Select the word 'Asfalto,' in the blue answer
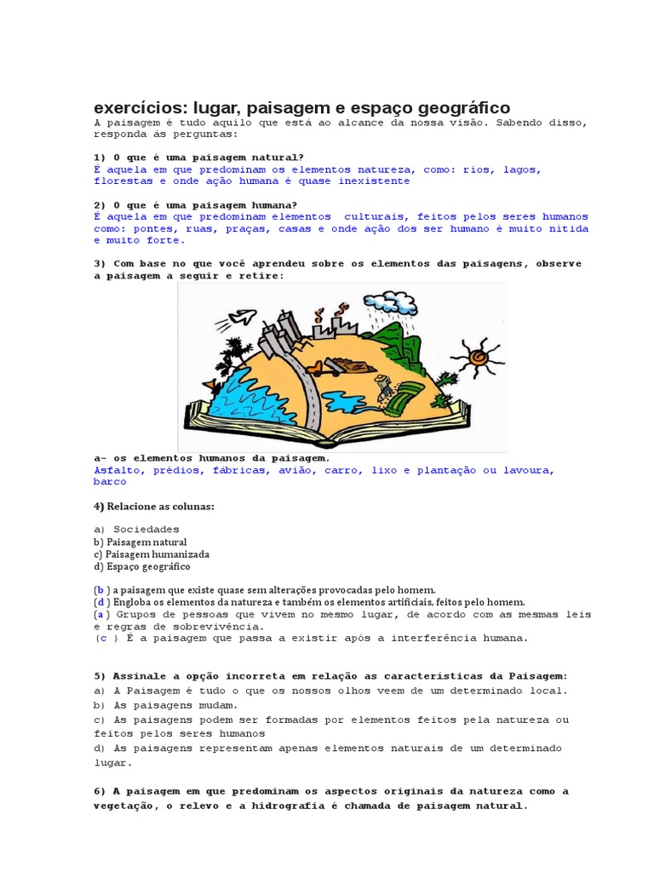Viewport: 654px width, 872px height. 122,470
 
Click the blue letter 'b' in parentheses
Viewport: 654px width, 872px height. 100,589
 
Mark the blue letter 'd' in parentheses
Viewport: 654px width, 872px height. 100,602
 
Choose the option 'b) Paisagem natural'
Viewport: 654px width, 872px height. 141,542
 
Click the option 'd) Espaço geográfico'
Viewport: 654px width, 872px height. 142,566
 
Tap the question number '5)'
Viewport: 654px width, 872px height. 100,676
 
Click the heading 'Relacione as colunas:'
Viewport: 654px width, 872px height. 160,507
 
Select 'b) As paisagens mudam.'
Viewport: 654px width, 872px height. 166,705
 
